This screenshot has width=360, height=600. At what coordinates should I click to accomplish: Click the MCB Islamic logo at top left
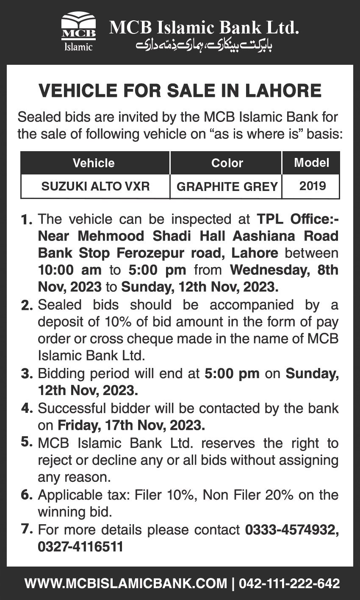pos(78,33)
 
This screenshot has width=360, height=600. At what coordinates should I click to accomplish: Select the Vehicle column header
pos(94,163)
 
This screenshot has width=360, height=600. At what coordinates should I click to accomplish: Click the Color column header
pos(227,163)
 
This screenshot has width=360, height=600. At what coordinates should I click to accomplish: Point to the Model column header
pos(311,162)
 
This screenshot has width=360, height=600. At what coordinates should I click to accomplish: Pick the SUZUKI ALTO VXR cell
pos(95,186)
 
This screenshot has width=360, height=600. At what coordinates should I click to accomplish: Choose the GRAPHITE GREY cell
pos(227,186)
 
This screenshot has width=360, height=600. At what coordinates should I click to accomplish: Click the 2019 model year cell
pos(311,186)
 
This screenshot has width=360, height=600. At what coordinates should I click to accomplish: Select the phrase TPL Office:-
pos(298,219)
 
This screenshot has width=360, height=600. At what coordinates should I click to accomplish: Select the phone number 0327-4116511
pos(80,547)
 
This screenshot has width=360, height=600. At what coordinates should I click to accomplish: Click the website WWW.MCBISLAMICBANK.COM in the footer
pos(126,583)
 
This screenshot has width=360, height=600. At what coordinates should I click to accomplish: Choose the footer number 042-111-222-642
pos(290,583)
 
